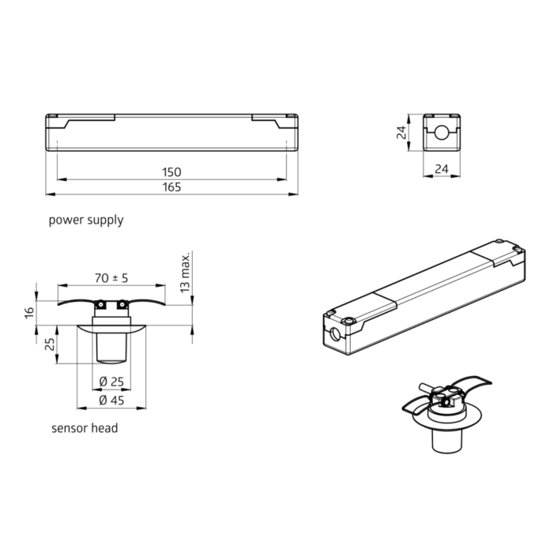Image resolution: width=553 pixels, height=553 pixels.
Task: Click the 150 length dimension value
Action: tap(171, 172)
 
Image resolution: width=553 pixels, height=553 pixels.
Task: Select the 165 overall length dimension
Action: tap(171, 187)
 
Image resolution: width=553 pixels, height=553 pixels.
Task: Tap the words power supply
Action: tap(86, 220)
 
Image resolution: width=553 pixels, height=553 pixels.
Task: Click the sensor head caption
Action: tap(85, 428)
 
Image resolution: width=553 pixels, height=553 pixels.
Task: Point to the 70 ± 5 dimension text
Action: tap(111, 278)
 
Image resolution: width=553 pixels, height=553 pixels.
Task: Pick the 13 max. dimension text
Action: tap(185, 273)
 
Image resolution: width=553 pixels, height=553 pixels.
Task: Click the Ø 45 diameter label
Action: tap(111, 401)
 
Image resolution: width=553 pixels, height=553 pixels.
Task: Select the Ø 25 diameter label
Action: tap(111, 382)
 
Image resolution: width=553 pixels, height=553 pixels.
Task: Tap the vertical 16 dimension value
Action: tap(30, 312)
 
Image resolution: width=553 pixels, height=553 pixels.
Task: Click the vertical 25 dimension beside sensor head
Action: tap(50, 344)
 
